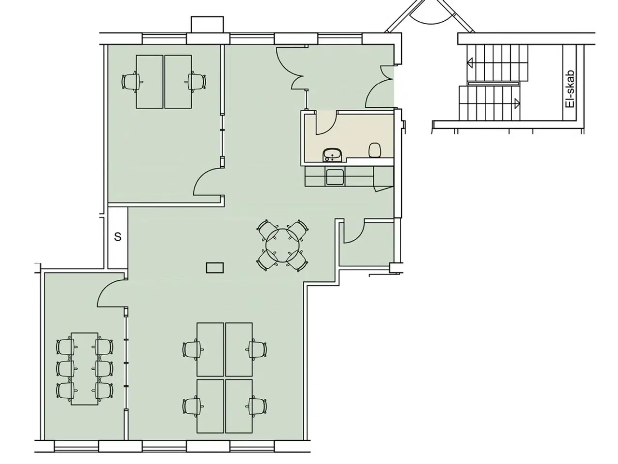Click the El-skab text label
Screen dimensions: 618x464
570,89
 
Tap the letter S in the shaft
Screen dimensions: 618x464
118,237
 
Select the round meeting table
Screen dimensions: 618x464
282,246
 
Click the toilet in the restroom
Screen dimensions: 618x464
375,150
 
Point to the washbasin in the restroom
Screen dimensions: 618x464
333,155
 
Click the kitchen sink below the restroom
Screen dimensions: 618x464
335,177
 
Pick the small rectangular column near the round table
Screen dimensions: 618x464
215,268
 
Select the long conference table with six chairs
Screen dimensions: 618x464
84,369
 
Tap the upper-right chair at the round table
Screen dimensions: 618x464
297,230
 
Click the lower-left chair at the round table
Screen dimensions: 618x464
267,261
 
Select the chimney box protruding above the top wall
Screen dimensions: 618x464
208,25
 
